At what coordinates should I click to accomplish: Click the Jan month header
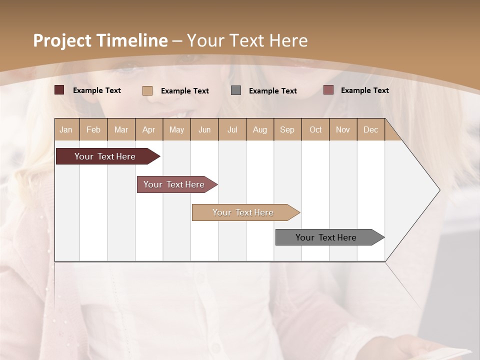tap(66, 129)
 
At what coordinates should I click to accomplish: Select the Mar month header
tap(121, 129)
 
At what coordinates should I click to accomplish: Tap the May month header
tap(176, 129)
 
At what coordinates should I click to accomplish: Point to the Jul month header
tap(232, 129)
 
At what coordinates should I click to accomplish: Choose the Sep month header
tap(287, 129)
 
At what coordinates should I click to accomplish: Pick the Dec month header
tap(370, 129)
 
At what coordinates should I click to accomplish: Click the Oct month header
tap(315, 129)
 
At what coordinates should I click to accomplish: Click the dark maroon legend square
tap(59, 90)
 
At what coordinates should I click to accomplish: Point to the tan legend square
tap(147, 90)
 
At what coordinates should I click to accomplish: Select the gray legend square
tap(236, 90)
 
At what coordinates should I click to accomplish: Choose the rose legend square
tap(328, 90)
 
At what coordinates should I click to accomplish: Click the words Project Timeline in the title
tap(100, 40)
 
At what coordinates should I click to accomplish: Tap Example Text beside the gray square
tap(273, 91)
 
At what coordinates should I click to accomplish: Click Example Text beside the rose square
tap(364, 90)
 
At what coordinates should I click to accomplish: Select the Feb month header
tap(93, 129)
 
